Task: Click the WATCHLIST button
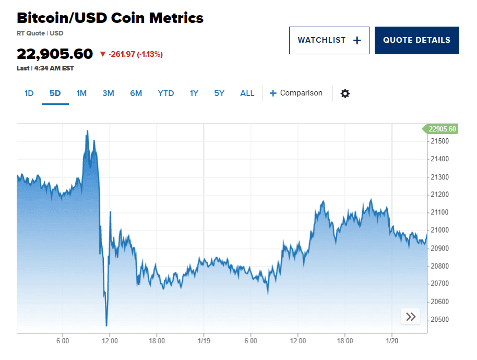click(329, 40)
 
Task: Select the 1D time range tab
click(29, 93)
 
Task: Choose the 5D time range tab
click(55, 93)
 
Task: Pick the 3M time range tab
click(108, 93)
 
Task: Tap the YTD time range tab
click(165, 93)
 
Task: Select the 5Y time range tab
click(219, 93)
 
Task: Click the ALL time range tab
click(247, 93)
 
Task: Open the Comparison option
click(296, 93)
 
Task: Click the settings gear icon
click(345, 93)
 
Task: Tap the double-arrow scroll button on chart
click(411, 317)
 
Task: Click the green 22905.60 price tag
click(440, 129)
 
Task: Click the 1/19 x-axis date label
click(204, 341)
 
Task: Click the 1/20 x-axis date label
click(391, 341)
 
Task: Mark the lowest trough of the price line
click(106, 326)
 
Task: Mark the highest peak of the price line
click(87, 130)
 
